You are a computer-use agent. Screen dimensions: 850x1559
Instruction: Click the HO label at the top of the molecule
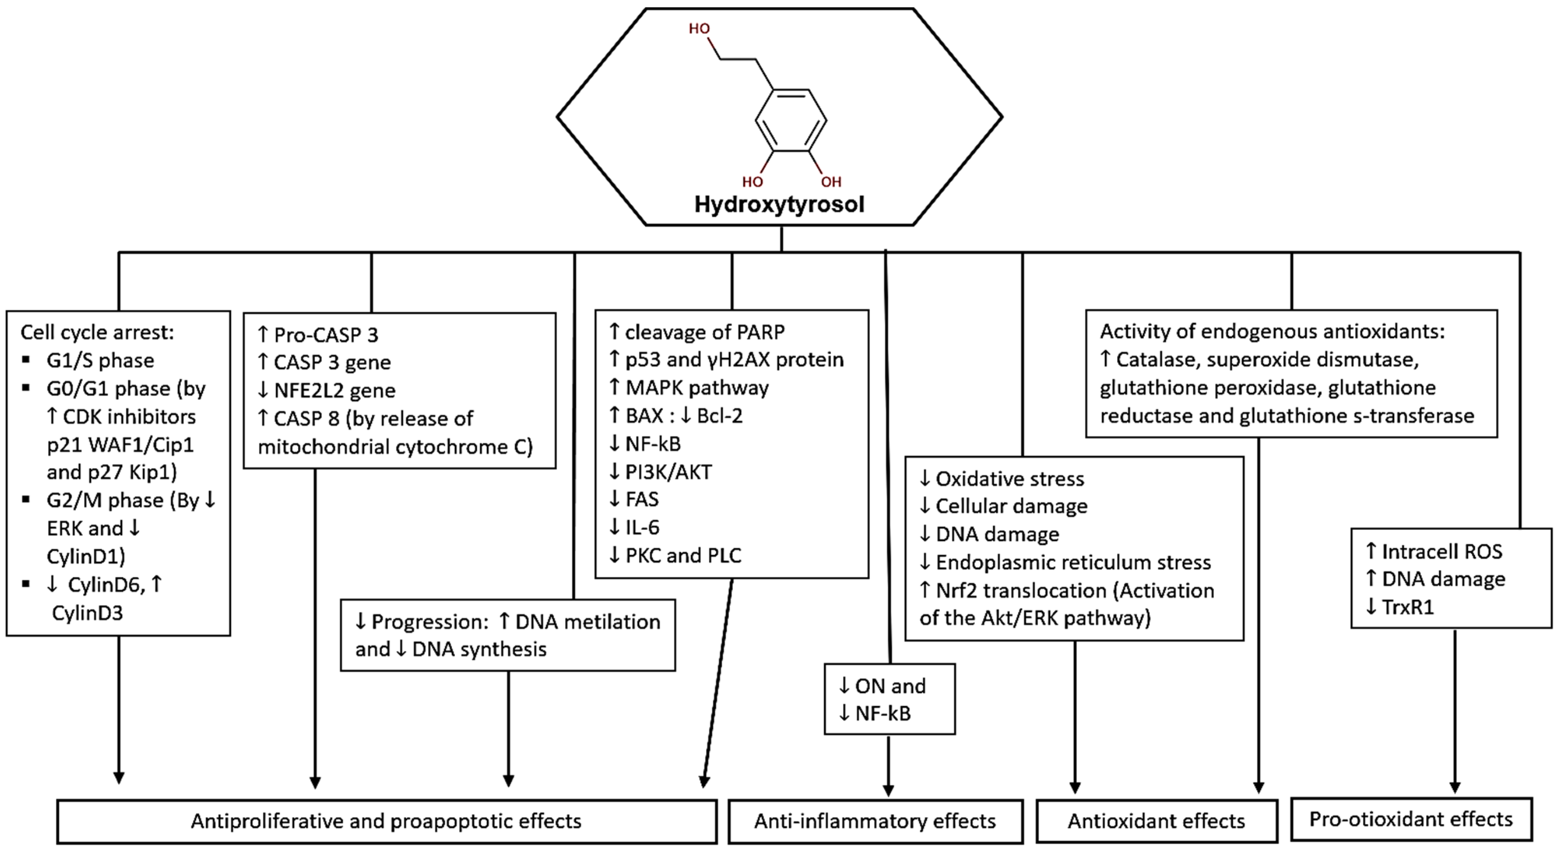(699, 29)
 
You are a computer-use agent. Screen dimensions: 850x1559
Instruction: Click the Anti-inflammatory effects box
(875, 821)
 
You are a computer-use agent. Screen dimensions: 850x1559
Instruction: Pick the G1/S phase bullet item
(100, 360)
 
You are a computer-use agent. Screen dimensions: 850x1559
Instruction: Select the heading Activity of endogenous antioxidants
(1272, 331)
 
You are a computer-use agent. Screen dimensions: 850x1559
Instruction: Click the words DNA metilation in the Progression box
(587, 622)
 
